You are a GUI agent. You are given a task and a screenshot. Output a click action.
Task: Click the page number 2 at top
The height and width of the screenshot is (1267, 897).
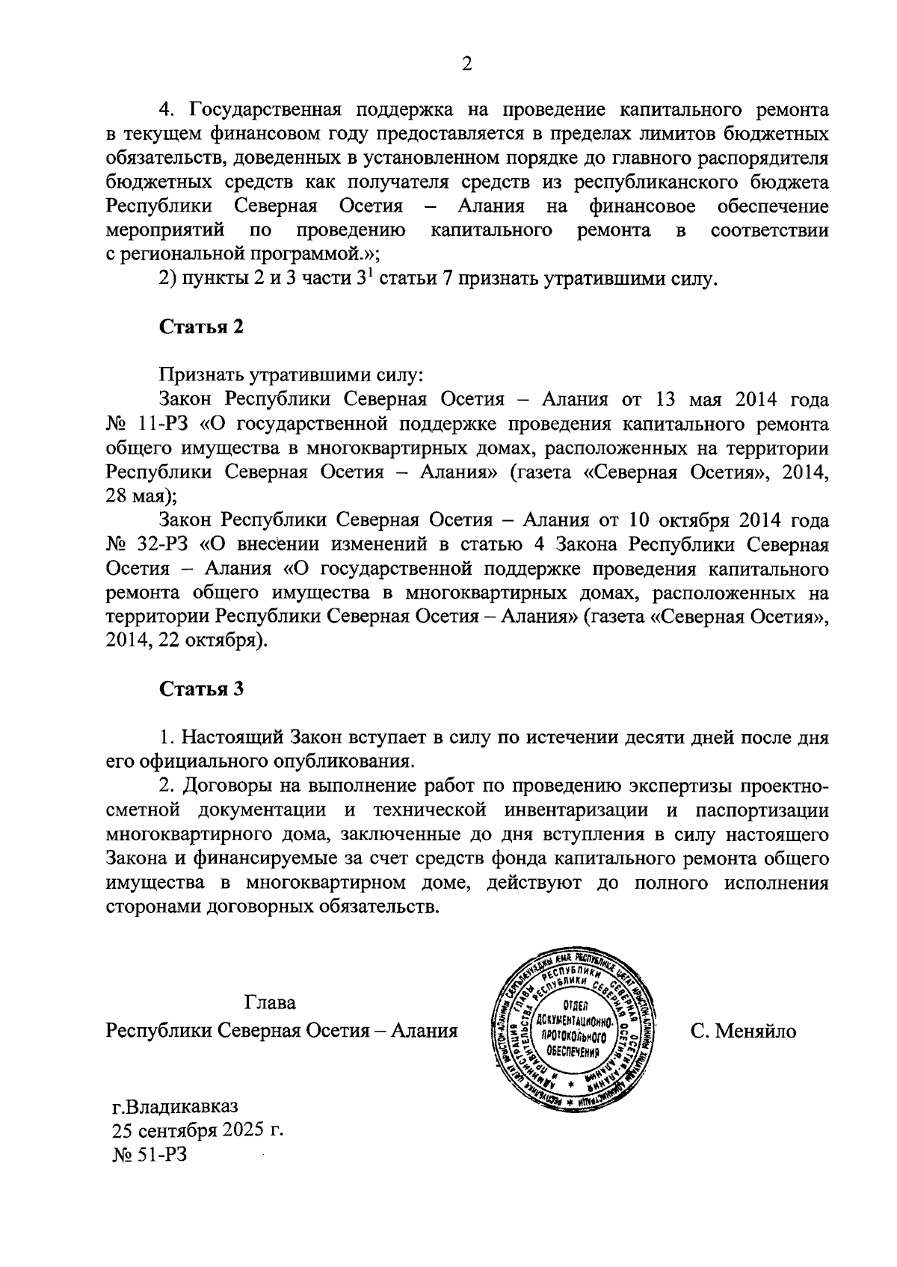[x=466, y=65]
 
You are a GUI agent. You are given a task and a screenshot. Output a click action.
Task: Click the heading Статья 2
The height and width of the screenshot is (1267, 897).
[x=201, y=327]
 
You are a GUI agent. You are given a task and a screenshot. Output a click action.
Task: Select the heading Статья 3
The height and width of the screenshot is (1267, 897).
[x=201, y=688]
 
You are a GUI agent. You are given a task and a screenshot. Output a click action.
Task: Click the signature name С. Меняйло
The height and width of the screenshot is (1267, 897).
[x=744, y=1031]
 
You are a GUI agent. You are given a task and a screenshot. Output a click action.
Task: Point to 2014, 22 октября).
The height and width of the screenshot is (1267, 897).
[x=186, y=641]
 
